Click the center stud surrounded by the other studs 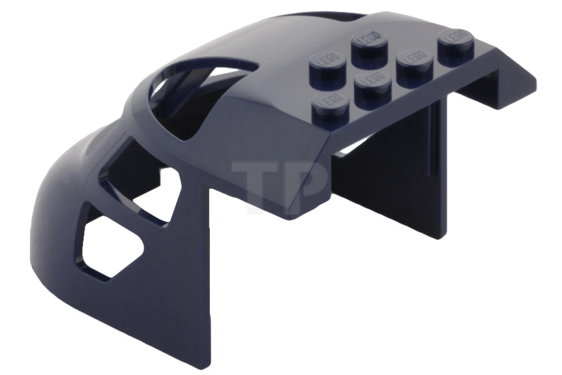pyautogui.click(x=373, y=84)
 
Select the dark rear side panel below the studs pyautogui.click(x=393, y=178)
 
